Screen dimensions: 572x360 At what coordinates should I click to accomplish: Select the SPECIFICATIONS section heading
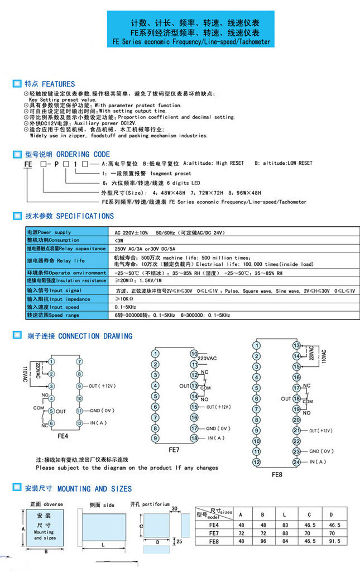click(69, 216)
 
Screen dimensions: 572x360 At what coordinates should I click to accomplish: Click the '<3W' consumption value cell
click(119, 240)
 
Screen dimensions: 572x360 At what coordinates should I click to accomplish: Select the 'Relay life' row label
click(56, 260)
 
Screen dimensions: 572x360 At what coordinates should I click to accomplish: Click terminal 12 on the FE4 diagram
click(79, 423)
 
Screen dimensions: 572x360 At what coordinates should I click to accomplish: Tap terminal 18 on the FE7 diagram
click(194, 438)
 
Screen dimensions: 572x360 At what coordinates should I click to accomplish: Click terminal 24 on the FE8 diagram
click(296, 462)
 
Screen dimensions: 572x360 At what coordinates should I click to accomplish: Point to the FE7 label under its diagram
click(174, 449)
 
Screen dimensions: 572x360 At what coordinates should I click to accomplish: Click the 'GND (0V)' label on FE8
click(321, 451)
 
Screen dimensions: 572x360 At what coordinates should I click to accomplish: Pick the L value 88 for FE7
click(285, 533)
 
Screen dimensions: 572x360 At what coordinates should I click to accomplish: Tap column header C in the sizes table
click(308, 514)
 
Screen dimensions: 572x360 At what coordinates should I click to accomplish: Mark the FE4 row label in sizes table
click(213, 525)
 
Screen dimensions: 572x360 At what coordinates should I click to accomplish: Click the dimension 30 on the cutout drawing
click(174, 509)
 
